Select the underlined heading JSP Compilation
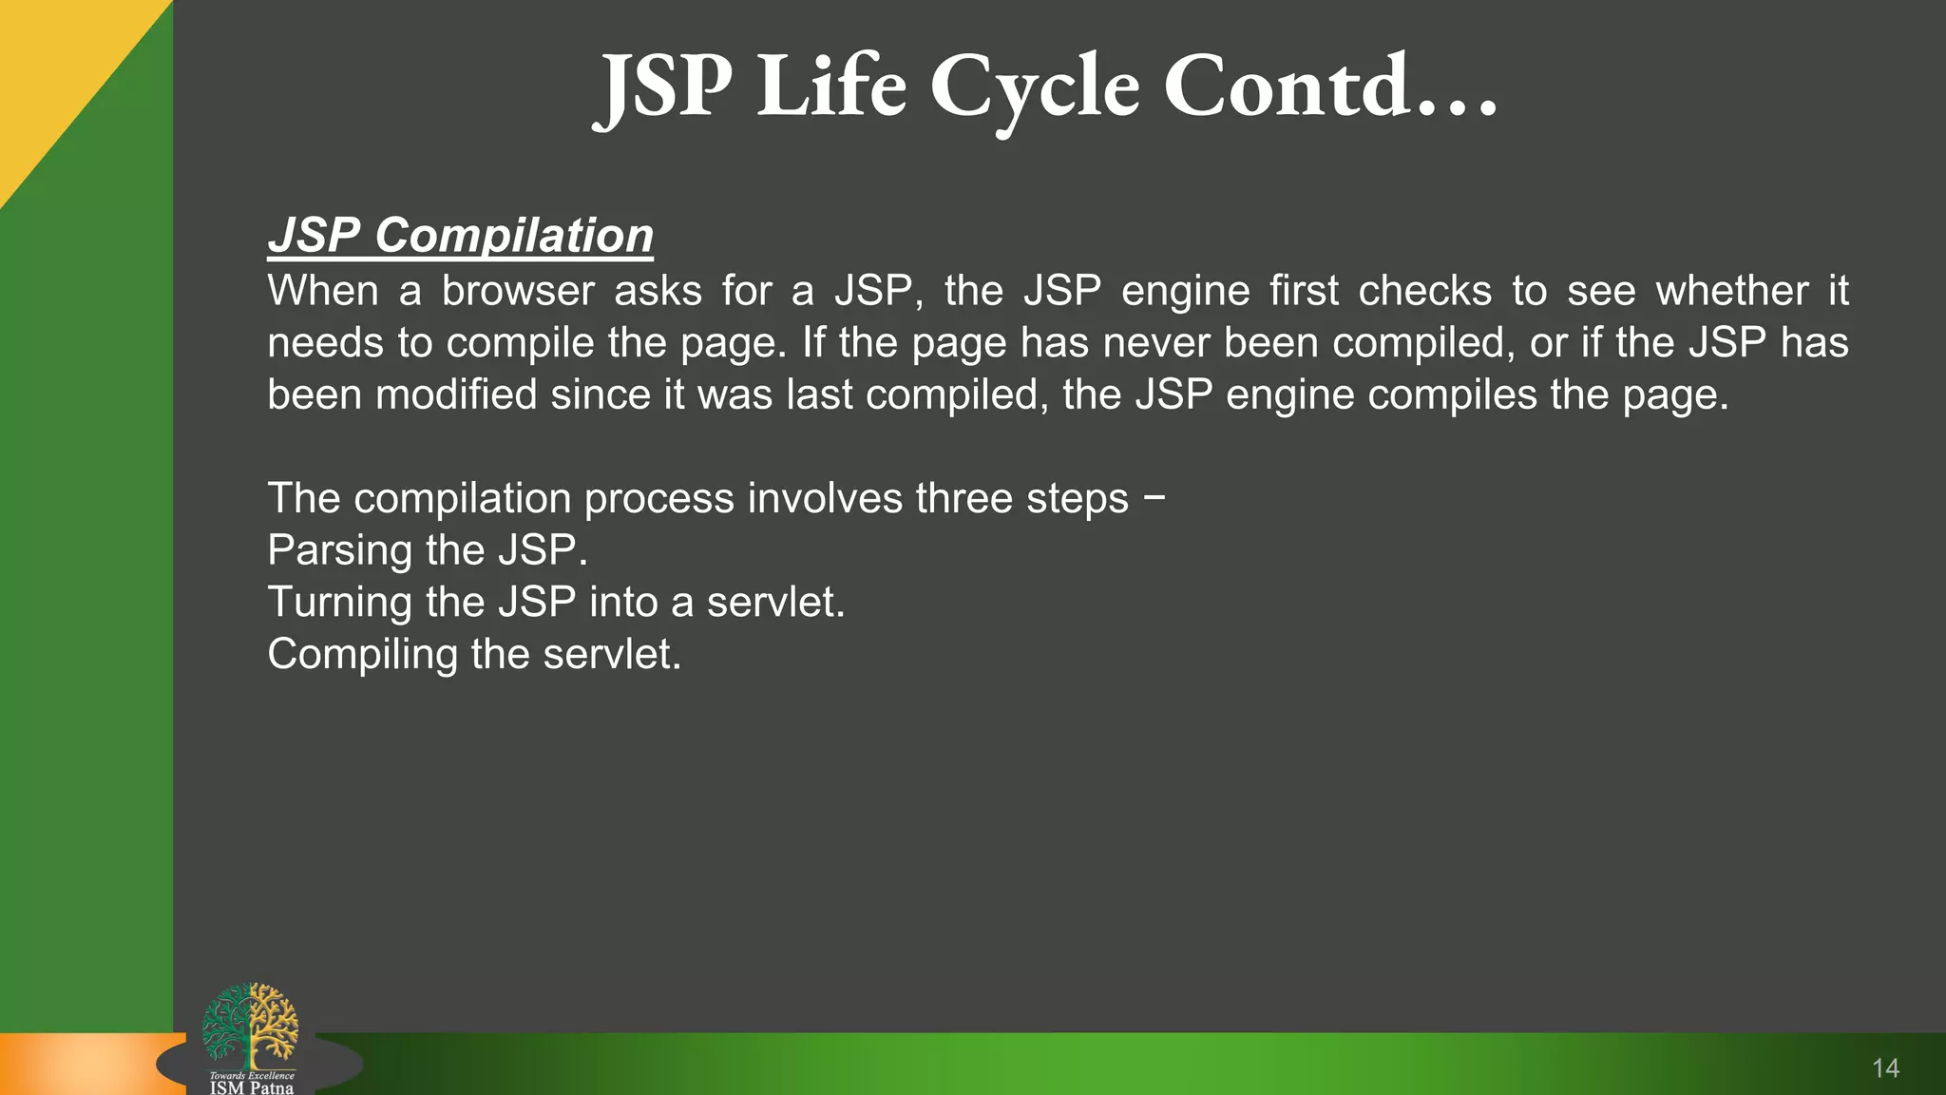pos(461,235)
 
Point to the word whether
pos(1731,291)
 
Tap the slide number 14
pos(1885,1068)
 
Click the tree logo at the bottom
pos(250,1025)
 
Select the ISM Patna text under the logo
pos(252,1087)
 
